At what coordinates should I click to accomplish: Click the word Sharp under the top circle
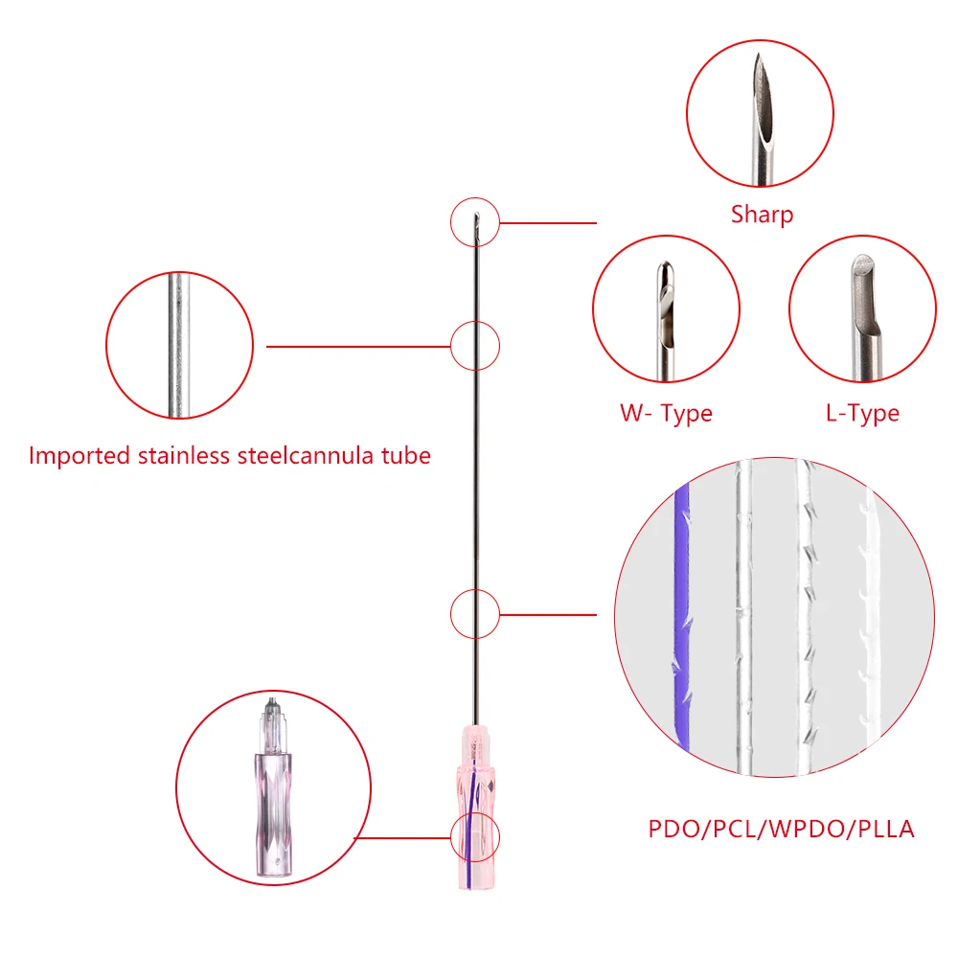pyautogui.click(x=762, y=214)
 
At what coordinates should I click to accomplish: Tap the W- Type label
pyautogui.click(x=666, y=414)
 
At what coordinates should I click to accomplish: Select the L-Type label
pyautogui.click(x=862, y=414)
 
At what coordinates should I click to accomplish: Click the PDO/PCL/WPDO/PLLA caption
pyautogui.click(x=781, y=829)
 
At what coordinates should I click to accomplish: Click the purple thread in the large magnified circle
pyautogui.click(x=683, y=613)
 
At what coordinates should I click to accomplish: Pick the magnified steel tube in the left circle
pyautogui.click(x=178, y=345)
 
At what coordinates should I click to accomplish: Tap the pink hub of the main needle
pyautogui.click(x=474, y=805)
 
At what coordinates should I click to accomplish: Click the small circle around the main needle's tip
pyautogui.click(x=475, y=223)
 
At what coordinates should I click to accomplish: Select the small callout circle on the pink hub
pyautogui.click(x=475, y=836)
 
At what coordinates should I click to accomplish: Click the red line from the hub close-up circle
pyautogui.click(x=402, y=836)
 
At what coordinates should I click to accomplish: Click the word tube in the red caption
pyautogui.click(x=406, y=455)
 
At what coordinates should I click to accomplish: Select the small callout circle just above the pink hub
pyautogui.click(x=475, y=614)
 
